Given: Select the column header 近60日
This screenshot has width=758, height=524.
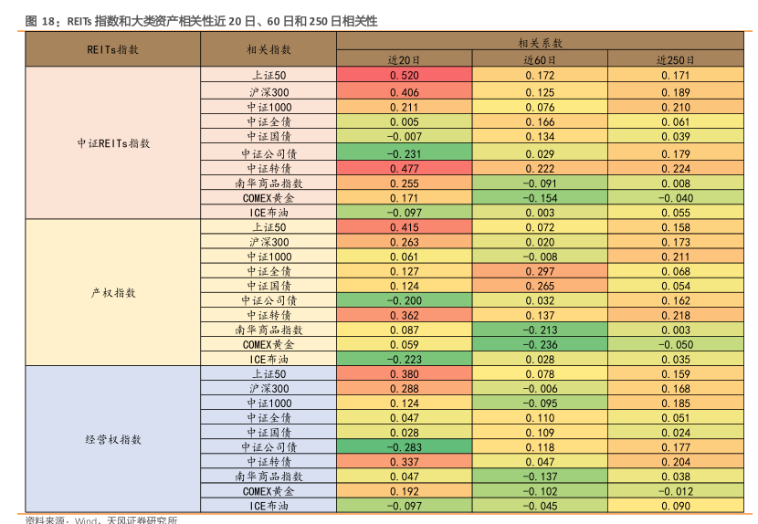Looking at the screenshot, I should tap(540, 60).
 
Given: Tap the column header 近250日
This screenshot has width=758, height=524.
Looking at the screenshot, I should tap(675, 60).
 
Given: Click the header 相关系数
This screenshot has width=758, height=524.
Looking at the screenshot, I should tap(540, 43).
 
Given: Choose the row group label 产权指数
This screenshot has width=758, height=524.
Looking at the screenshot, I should tap(113, 293).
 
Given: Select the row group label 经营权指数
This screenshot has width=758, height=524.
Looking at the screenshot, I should tap(113, 439).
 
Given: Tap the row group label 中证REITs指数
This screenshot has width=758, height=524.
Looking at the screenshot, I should tap(113, 144).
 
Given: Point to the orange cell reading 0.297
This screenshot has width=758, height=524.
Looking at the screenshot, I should tap(540, 271).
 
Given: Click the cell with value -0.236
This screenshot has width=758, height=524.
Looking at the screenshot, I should tap(540, 345).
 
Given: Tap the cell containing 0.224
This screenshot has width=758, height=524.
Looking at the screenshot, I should tap(675, 169).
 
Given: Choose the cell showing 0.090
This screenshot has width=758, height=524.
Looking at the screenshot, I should tap(675, 506).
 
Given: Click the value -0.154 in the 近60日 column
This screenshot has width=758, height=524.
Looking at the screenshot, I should tap(540, 198).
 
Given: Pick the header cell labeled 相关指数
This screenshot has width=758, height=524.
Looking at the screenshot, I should tap(268, 50).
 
